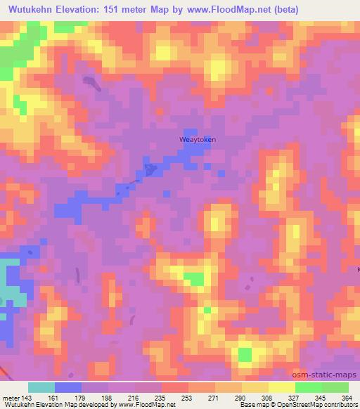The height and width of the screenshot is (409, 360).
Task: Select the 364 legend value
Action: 347,397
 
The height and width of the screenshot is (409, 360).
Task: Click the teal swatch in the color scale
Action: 41,387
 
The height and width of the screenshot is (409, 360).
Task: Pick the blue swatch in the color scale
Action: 68,387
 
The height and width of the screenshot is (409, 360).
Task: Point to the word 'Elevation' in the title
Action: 79,10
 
